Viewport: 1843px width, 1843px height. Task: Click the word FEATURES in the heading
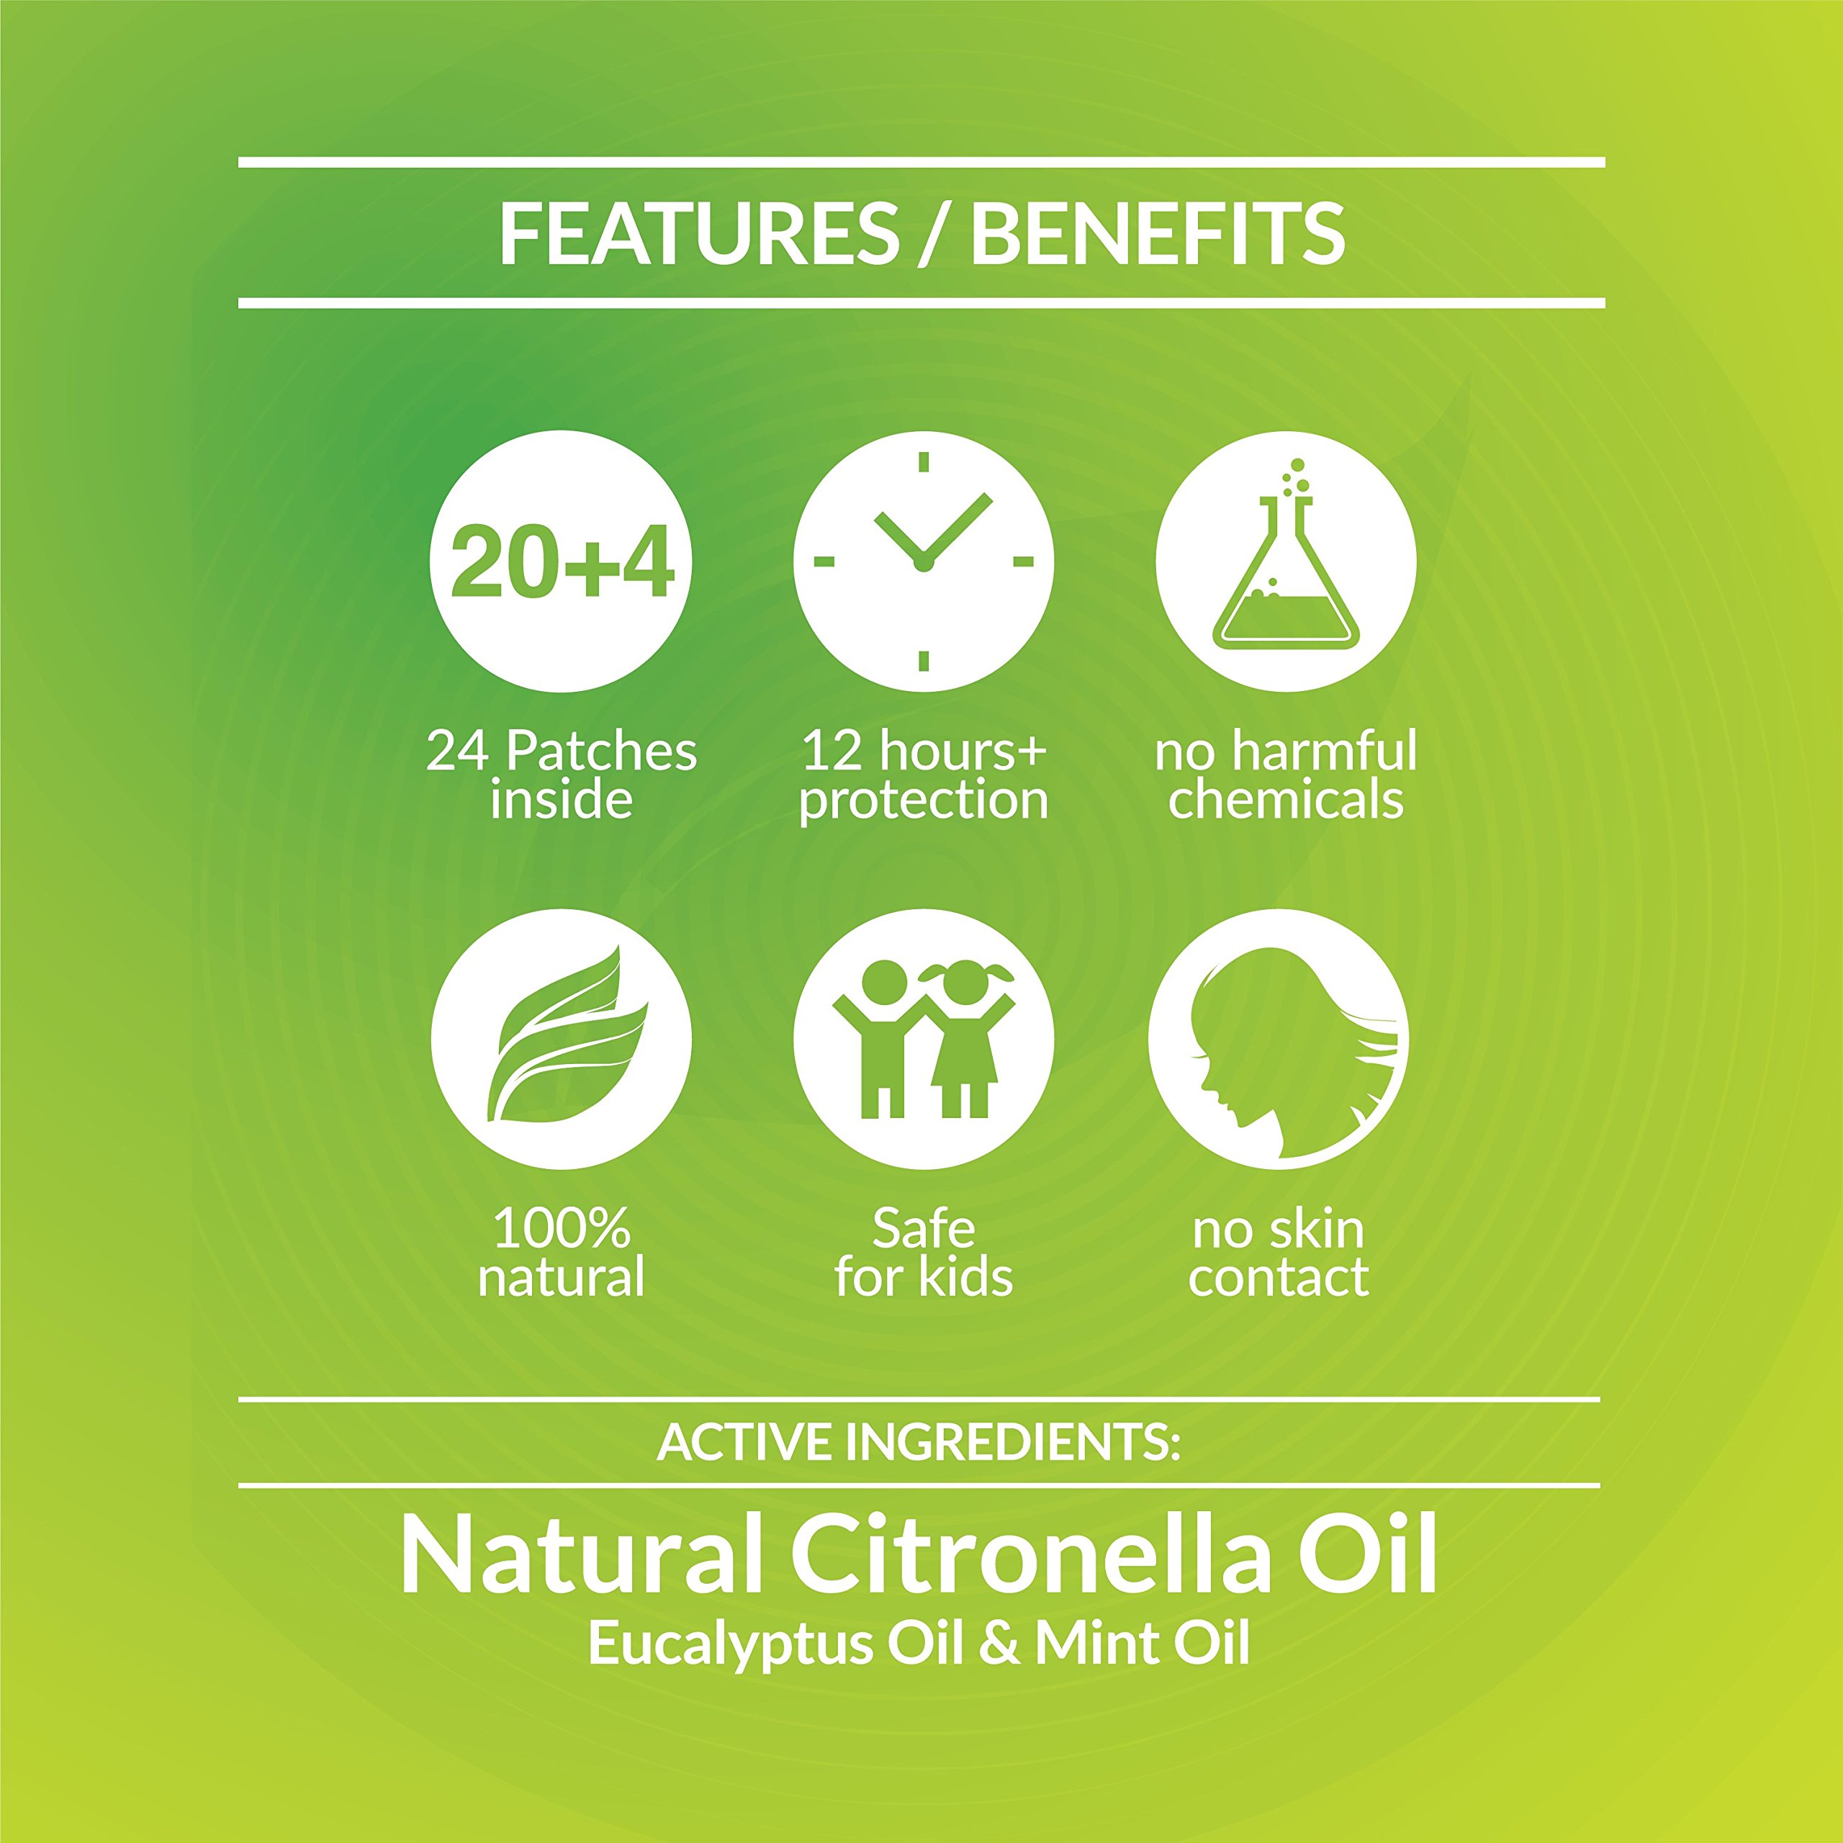699,234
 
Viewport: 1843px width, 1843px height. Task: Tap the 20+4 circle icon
562,562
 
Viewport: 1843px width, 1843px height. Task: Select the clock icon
924,562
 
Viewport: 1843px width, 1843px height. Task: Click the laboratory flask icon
1286,562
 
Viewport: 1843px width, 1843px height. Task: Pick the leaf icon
562,1039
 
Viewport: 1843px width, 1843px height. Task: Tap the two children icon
924,1039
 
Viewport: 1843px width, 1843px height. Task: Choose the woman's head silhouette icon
1279,1039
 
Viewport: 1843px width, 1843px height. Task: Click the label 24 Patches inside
562,775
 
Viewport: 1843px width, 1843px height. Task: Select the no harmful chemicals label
1286,775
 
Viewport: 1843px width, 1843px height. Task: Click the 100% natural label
562,1253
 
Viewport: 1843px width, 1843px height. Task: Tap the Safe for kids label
924,1253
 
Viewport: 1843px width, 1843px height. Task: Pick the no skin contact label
1279,1253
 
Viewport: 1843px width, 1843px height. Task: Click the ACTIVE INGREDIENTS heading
919,1441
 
